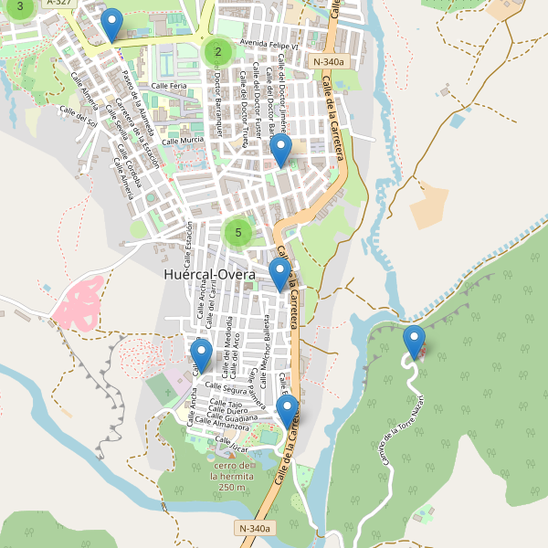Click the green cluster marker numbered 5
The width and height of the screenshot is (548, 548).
[237, 233]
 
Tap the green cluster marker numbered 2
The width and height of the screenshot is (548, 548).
[217, 51]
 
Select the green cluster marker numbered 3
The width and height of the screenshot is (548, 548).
[20, 6]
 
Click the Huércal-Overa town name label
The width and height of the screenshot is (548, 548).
[211, 273]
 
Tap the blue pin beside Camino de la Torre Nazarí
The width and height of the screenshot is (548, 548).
[415, 342]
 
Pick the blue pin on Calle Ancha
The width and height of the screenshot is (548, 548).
[201, 355]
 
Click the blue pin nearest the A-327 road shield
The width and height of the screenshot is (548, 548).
[111, 25]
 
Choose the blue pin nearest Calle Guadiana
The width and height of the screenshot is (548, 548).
[288, 412]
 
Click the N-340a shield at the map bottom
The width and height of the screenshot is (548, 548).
[255, 528]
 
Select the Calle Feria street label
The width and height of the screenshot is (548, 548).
[169, 85]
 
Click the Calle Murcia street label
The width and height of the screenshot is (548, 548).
[183, 141]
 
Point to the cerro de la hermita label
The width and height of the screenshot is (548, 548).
[228, 476]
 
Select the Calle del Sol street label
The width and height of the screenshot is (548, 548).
[78, 116]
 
